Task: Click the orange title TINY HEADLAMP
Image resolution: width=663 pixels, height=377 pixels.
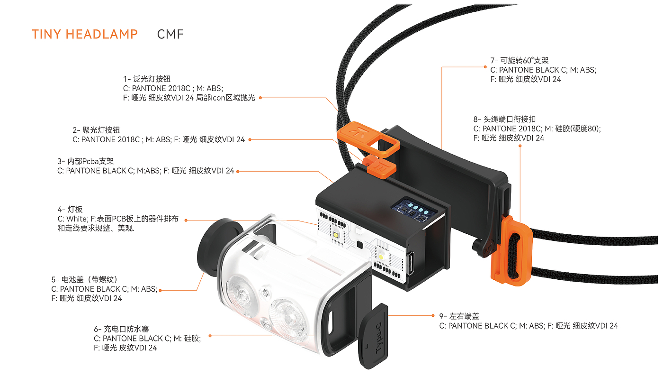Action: coord(85,34)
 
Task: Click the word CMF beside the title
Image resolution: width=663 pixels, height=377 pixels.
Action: coord(170,34)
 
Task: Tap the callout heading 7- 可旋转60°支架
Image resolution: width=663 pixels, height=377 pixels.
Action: coord(520,61)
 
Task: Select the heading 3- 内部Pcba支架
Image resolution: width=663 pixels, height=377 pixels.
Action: coord(86,162)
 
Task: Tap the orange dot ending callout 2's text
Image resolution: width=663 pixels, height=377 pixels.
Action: coord(250,140)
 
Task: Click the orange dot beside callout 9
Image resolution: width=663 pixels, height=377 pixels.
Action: coord(433,315)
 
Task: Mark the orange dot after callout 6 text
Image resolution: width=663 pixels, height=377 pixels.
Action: coord(210,336)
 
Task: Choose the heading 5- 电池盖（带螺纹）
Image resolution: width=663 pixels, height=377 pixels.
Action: coord(85,279)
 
